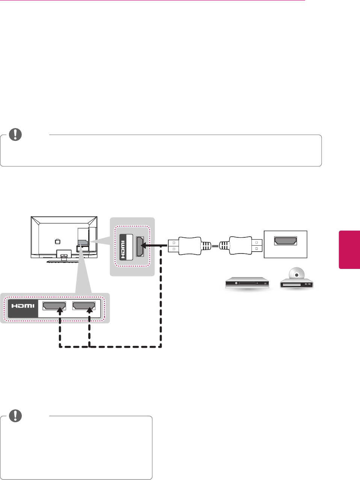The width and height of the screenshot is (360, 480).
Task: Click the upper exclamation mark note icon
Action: pyautogui.click(x=16, y=134)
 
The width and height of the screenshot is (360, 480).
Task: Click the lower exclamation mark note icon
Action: pyautogui.click(x=16, y=415)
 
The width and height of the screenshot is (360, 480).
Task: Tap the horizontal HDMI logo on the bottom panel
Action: pyautogui.click(x=23, y=306)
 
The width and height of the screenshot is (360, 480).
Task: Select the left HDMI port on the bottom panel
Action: pyautogui.click(x=54, y=306)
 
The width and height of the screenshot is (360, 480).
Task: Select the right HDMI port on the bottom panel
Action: pyautogui.click(x=83, y=306)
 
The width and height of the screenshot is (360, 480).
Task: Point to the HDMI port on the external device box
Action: pyautogui.click(x=286, y=241)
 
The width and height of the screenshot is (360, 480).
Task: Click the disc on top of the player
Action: pyautogui.click(x=296, y=274)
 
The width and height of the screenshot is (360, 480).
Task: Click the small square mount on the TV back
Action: pyautogui.click(x=57, y=240)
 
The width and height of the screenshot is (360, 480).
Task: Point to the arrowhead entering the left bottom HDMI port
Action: pyautogui.click(x=60, y=311)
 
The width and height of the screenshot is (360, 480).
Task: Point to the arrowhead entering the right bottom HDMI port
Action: pyautogui.click(x=89, y=311)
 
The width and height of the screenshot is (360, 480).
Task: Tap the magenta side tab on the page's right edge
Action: pyautogui.click(x=349, y=250)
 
